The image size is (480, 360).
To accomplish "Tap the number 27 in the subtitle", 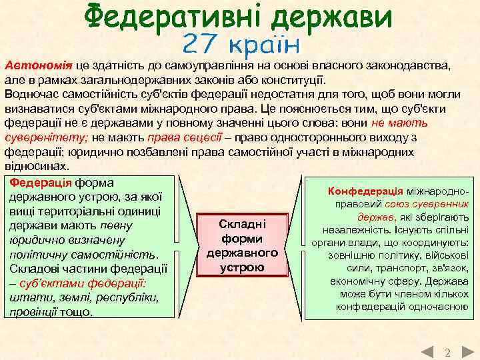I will point(201,45).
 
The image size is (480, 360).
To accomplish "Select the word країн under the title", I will point(265,45).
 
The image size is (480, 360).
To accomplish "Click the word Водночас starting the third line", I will point(33,94).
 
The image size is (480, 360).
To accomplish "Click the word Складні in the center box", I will point(242,225).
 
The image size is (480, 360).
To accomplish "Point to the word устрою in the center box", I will point(242,268).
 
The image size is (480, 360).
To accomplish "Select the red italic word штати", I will point(25,297).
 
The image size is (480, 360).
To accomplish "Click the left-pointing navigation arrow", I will point(429,351).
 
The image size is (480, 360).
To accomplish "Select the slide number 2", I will point(447,351).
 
